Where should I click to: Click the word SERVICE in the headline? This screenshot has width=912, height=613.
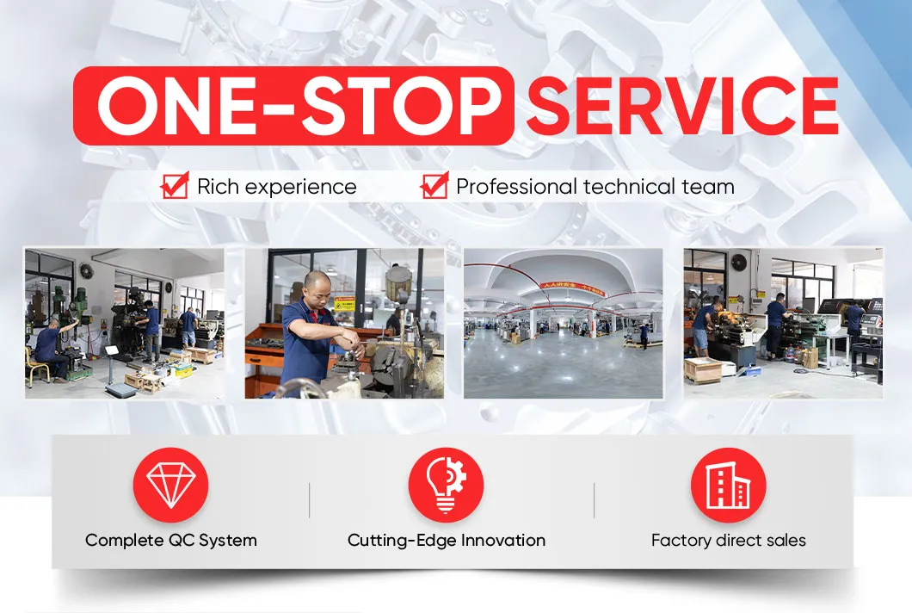(x=682, y=105)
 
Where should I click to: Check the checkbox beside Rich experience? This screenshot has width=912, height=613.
(x=176, y=185)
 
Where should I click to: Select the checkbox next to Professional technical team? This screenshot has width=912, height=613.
(x=435, y=185)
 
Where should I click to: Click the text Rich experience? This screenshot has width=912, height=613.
(x=276, y=186)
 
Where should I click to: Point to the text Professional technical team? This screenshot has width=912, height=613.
(x=595, y=186)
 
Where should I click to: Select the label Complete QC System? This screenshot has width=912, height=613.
(x=171, y=541)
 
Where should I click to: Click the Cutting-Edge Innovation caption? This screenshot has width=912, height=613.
(x=446, y=541)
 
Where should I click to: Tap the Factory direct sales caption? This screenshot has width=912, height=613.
(x=728, y=541)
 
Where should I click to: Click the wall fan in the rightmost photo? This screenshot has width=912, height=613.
(x=740, y=263)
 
